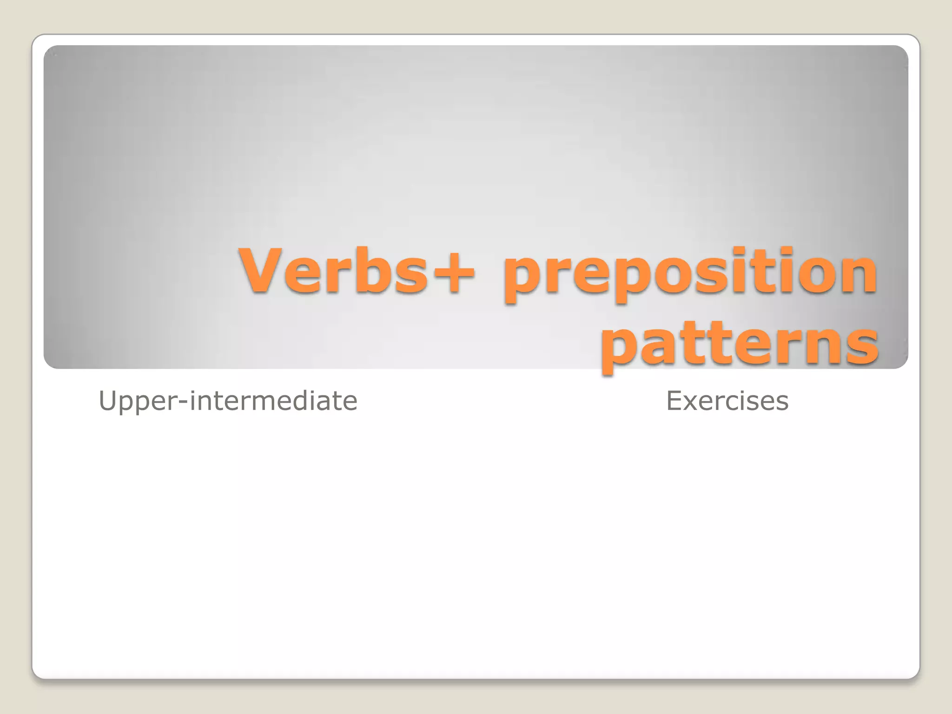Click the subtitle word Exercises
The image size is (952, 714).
point(727,401)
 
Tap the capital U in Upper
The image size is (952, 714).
point(107,401)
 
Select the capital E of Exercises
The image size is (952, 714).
point(675,401)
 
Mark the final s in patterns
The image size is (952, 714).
point(862,346)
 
